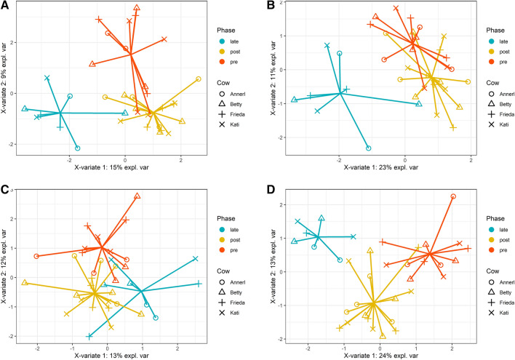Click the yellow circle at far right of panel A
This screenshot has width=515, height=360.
pyautogui.click(x=198, y=79)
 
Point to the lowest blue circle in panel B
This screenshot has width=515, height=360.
pyautogui.click(x=369, y=148)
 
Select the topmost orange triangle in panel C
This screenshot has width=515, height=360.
pyautogui.click(x=137, y=196)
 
